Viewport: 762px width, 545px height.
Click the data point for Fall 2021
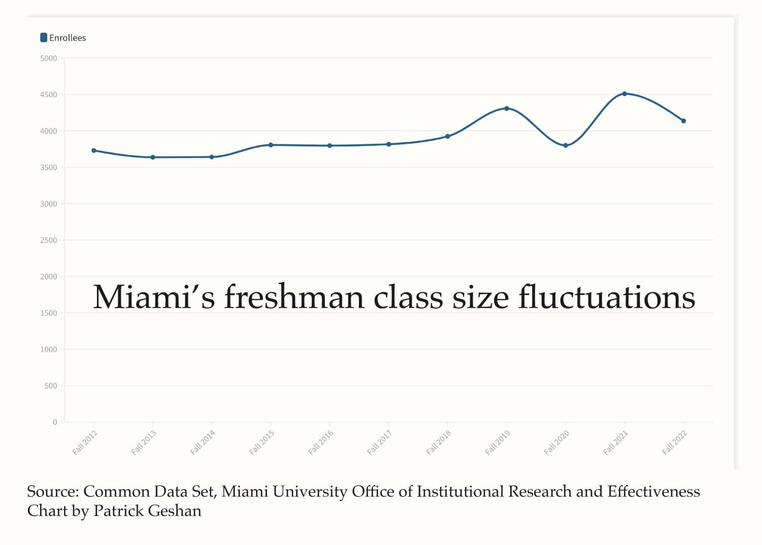coord(624,94)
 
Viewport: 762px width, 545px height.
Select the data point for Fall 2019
coord(507,109)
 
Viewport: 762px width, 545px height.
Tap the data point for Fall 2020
coord(566,146)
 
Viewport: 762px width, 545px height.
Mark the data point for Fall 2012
coord(94,151)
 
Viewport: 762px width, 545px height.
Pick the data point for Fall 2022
coord(683,121)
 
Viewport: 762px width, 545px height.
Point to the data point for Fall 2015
coord(271,145)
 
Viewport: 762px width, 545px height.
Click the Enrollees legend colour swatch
coord(44,38)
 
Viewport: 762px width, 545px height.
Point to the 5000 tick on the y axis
coord(49,58)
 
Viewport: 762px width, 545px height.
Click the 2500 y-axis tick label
coord(49,240)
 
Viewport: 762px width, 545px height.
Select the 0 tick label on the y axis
coord(55,422)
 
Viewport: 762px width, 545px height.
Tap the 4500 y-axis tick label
coord(49,95)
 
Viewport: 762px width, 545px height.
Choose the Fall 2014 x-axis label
coord(203,442)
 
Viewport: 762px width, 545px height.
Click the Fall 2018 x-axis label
coord(439,442)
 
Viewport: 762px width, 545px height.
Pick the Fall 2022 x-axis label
coord(675,442)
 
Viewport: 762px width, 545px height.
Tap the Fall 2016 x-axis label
coord(321,442)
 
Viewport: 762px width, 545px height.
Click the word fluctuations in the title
coord(606,297)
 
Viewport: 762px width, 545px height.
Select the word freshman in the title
coord(294,297)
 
